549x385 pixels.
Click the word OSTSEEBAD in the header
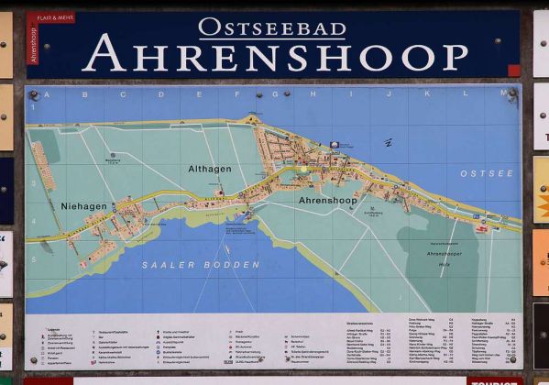(x=272, y=27)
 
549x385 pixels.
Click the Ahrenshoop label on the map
(x=327, y=200)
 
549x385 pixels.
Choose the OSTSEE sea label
(x=480, y=172)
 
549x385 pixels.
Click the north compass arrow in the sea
(x=389, y=143)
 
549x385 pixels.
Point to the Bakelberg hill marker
(x=113, y=159)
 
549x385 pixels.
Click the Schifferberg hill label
(x=373, y=211)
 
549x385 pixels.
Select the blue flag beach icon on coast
(x=335, y=145)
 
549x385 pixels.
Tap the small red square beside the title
(x=513, y=70)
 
